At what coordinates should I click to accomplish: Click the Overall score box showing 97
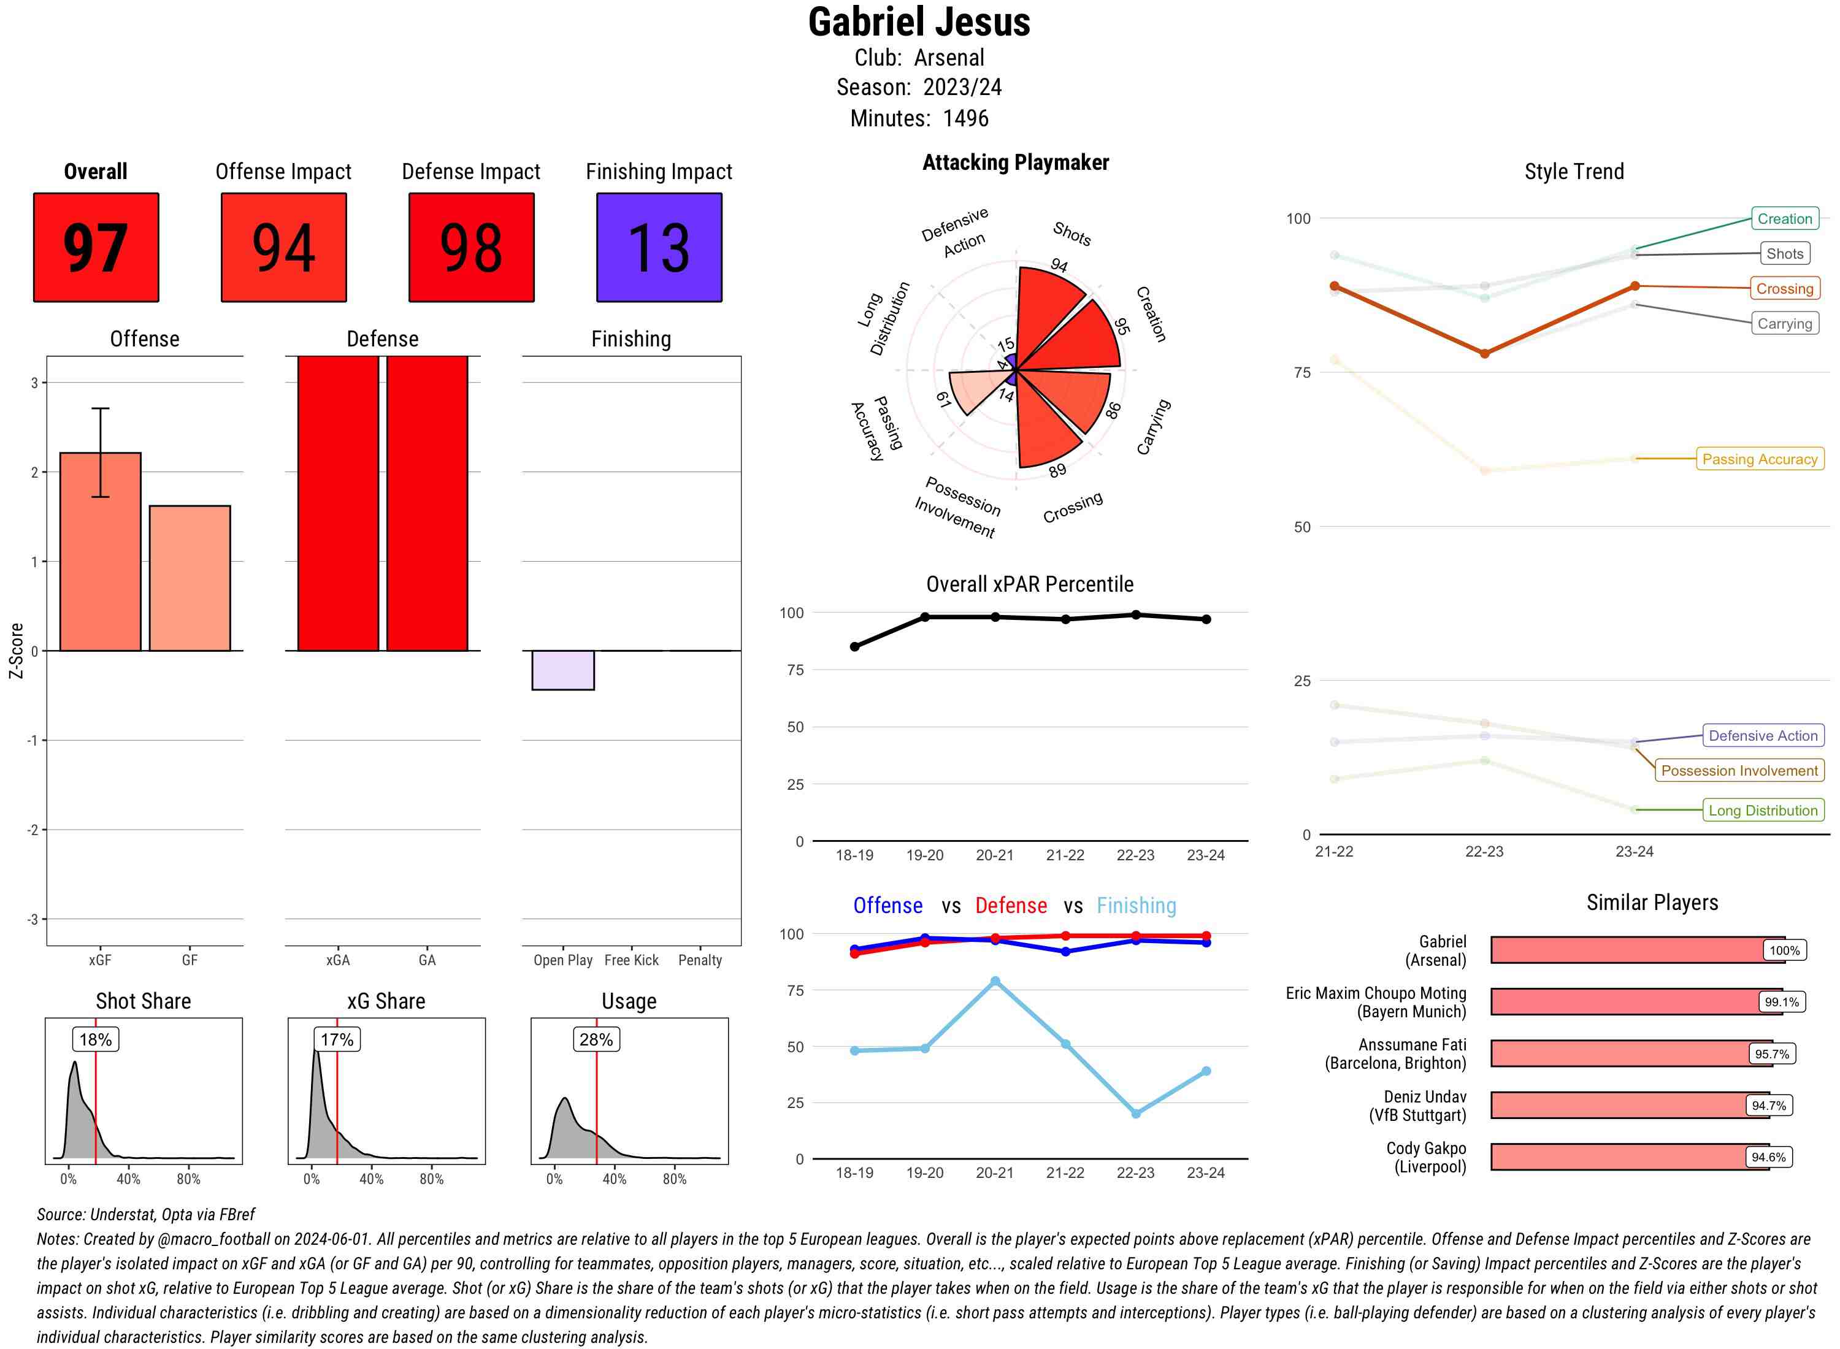96,248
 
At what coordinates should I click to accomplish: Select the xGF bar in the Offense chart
101,552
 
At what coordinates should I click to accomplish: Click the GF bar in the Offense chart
190,578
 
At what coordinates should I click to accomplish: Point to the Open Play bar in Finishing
562,670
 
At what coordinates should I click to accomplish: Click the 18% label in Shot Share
96,1039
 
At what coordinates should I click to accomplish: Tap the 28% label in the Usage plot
596,1039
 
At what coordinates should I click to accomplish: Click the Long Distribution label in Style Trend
1763,810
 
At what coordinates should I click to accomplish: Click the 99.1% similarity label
1781,1002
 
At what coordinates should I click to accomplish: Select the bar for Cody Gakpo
1629,1157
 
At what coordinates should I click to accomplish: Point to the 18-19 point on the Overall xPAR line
854,647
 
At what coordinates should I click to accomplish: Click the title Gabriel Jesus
919,23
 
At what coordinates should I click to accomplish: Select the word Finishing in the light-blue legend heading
1136,906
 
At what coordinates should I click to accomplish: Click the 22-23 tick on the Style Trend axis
1484,852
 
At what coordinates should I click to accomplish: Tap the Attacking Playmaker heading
1015,162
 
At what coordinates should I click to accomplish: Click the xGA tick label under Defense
338,960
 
